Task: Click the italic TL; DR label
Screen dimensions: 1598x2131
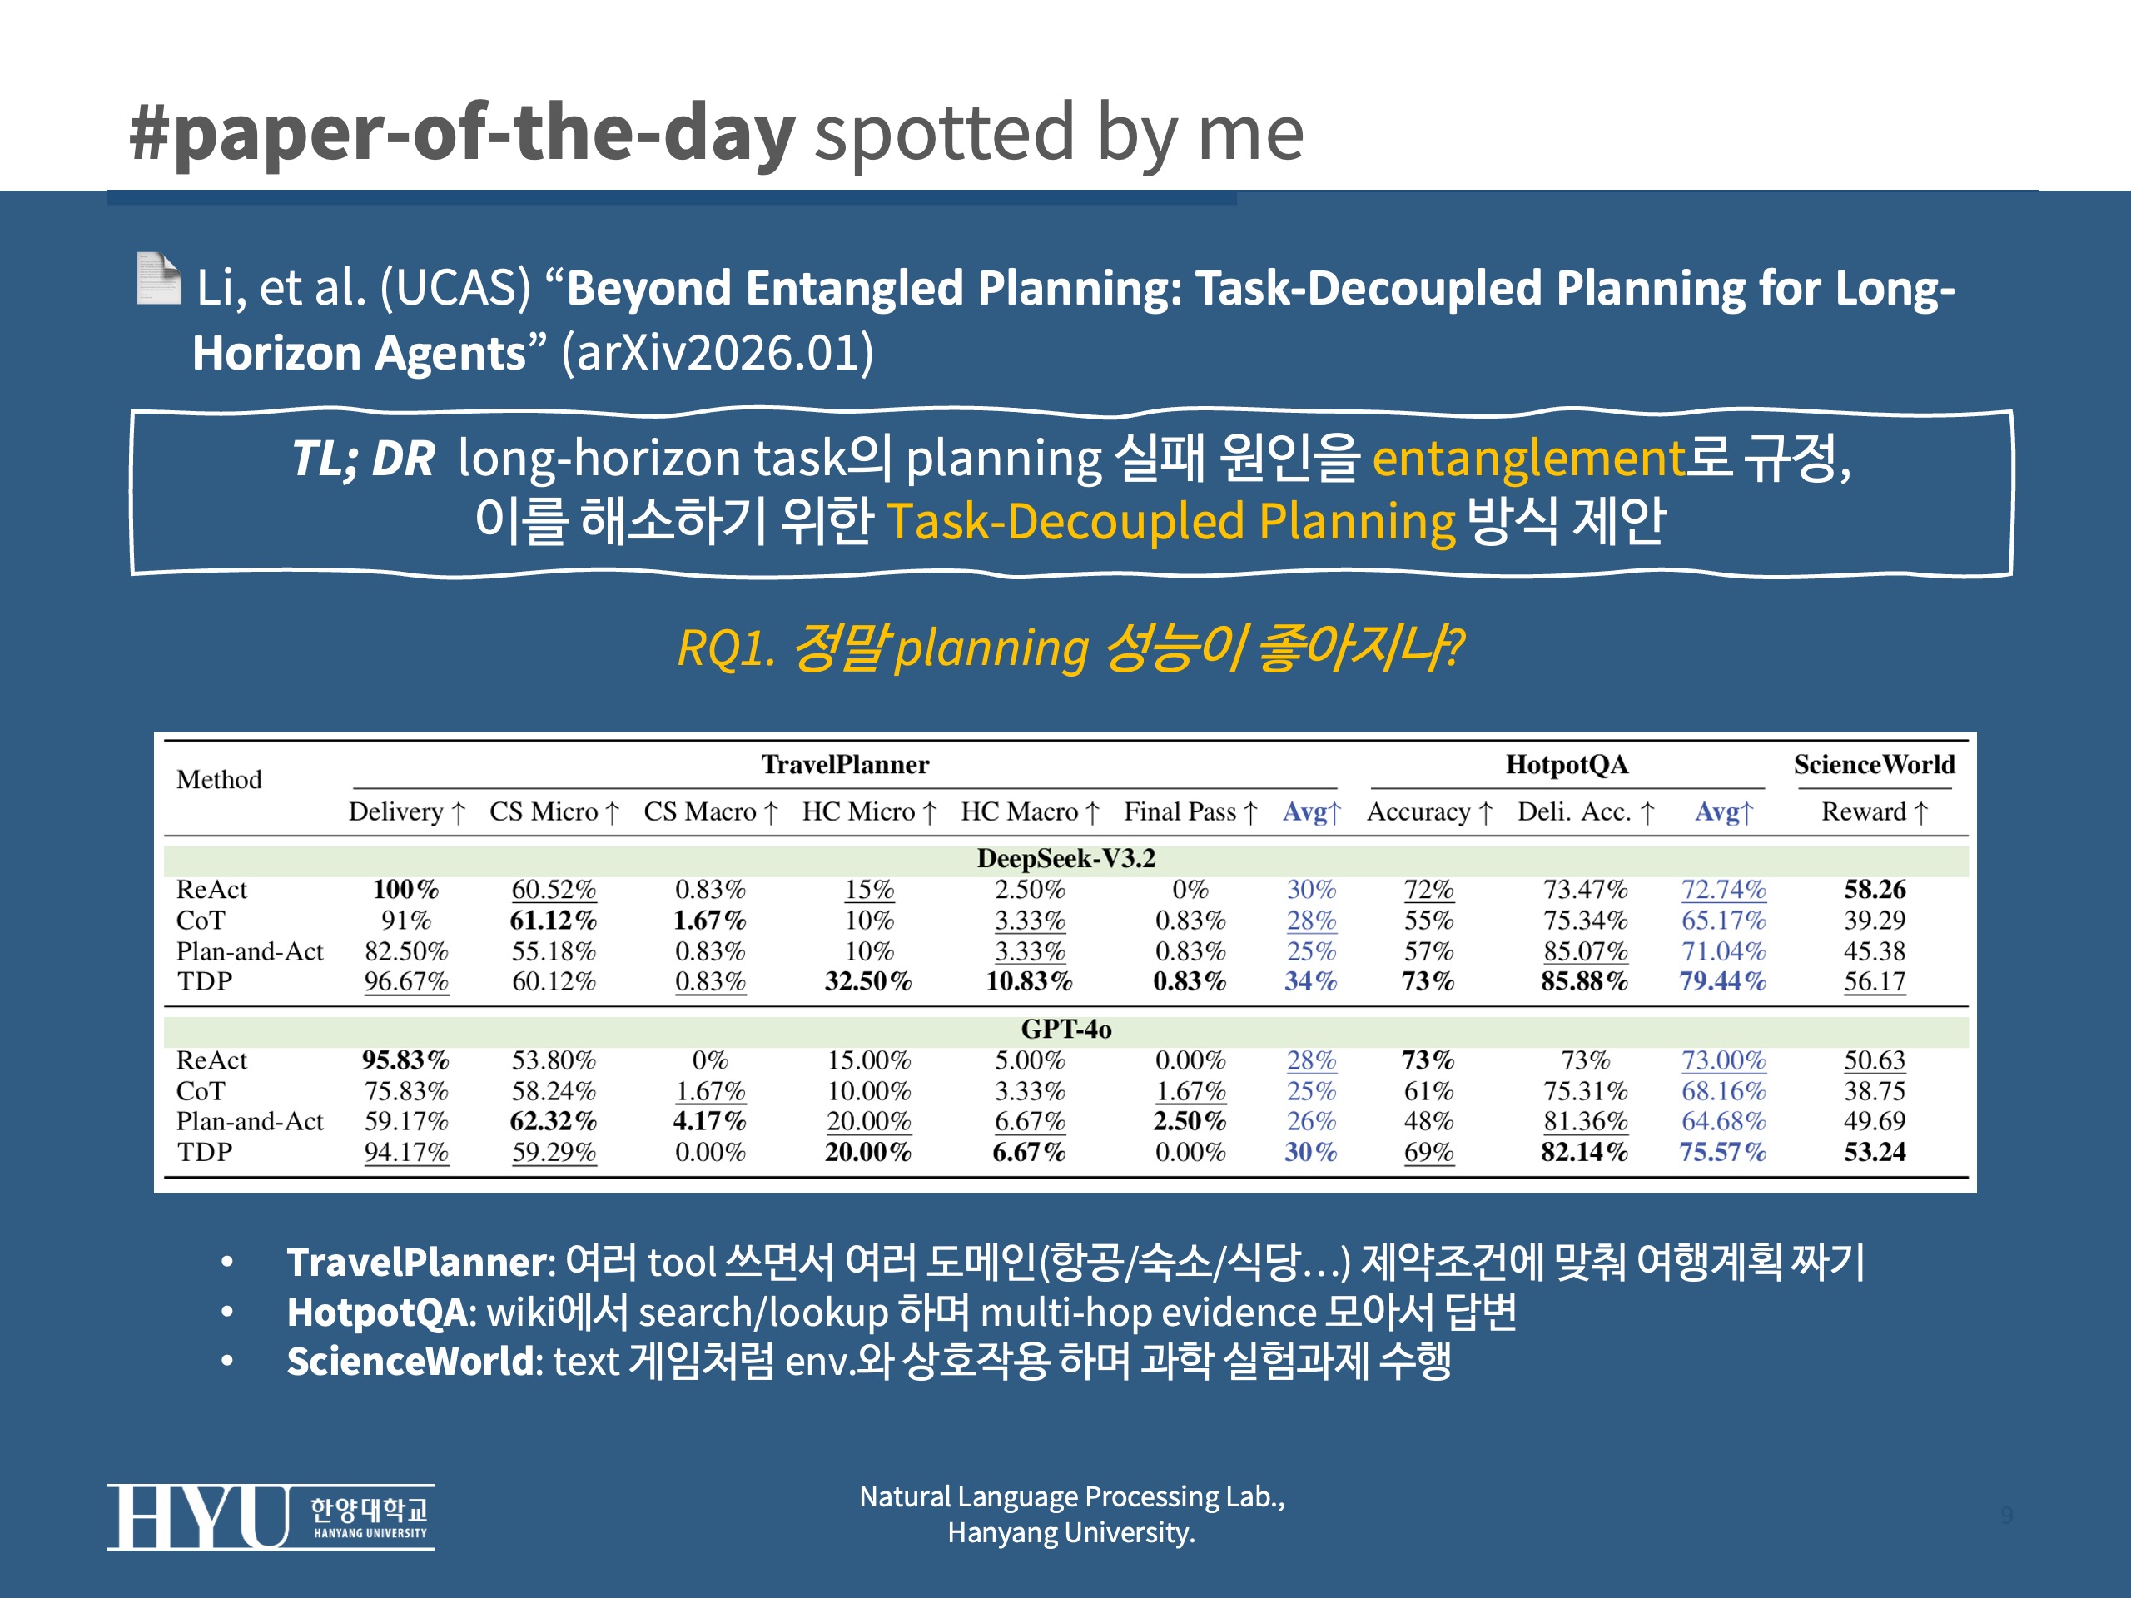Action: [363, 458]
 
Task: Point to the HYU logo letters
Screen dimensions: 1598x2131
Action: [198, 1517]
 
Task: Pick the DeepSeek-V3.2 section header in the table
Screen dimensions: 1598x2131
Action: [1065, 858]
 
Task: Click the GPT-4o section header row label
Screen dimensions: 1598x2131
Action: [1065, 1029]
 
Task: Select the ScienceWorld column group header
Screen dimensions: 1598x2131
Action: [1873, 765]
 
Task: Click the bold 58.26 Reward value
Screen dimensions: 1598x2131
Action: [1874, 889]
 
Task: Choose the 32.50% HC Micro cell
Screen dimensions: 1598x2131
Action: [867, 981]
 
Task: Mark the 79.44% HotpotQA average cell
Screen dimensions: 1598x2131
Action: [1722, 981]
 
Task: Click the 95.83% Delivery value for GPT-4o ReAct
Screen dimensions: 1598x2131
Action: [405, 1060]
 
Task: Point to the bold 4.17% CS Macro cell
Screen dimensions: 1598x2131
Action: [710, 1121]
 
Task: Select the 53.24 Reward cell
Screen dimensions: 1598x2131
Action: [1874, 1152]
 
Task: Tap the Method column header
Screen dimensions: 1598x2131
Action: [219, 779]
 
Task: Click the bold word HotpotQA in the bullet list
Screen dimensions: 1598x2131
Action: [375, 1312]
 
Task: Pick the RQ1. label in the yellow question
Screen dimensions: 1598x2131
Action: [725, 648]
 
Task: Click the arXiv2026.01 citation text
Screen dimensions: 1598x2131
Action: [717, 354]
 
